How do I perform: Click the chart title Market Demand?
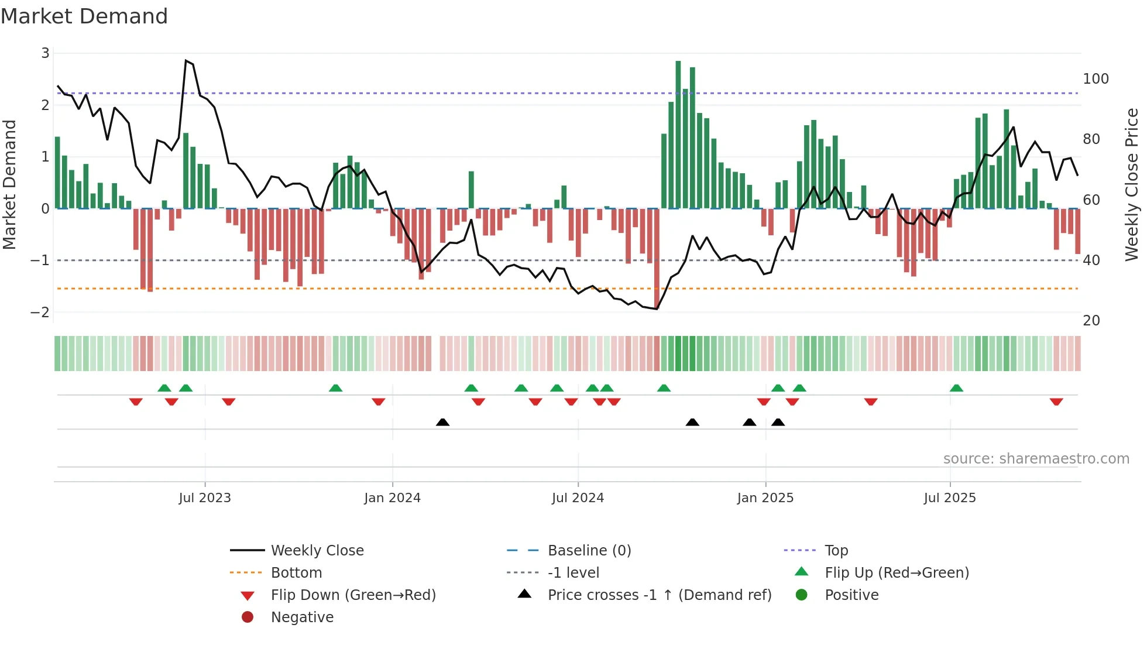coord(84,16)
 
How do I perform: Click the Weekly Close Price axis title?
coord(1132,184)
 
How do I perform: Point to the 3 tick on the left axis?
coord(45,53)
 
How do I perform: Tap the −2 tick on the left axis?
coord(40,312)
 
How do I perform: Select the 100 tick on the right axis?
coord(1096,79)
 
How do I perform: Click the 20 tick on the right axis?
coord(1091,320)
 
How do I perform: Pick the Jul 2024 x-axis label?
coord(578,498)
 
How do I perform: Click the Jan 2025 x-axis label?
coord(765,498)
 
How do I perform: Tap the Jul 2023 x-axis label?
coord(205,498)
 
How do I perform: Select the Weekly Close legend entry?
coord(317,550)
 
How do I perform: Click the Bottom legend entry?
coord(296,572)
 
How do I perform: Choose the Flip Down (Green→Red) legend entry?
coord(353,595)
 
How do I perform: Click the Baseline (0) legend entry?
coord(589,550)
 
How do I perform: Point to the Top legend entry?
coord(836,550)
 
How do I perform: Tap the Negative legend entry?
coord(302,617)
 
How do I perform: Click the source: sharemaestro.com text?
coord(1036,458)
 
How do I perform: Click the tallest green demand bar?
coord(678,135)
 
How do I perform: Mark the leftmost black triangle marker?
coord(442,422)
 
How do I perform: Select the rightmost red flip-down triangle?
coord(1056,402)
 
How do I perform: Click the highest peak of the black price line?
coord(186,60)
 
